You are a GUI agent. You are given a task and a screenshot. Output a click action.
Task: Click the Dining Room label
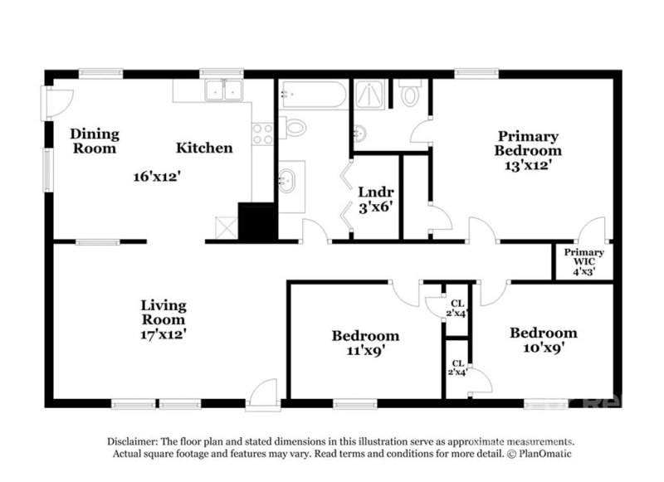click(94, 141)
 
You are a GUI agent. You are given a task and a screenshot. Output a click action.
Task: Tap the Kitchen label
click(203, 148)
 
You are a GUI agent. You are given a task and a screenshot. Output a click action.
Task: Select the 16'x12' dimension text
click(157, 176)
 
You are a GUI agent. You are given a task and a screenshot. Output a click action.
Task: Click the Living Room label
click(162, 312)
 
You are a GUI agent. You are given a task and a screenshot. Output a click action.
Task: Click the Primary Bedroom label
click(528, 143)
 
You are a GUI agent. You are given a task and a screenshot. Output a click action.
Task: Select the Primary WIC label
click(584, 257)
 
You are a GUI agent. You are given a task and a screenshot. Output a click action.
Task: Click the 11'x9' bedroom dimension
click(365, 351)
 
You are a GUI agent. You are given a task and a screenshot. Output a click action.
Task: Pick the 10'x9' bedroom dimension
click(543, 348)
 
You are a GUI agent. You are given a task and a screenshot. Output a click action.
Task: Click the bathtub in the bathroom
click(312, 95)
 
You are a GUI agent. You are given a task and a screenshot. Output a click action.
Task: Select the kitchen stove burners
click(262, 133)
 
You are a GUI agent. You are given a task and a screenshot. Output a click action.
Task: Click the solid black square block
click(256, 221)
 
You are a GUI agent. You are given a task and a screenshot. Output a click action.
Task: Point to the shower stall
click(370, 95)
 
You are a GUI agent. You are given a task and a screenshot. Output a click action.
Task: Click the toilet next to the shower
click(409, 95)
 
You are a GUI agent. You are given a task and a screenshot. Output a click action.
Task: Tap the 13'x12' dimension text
click(528, 165)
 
